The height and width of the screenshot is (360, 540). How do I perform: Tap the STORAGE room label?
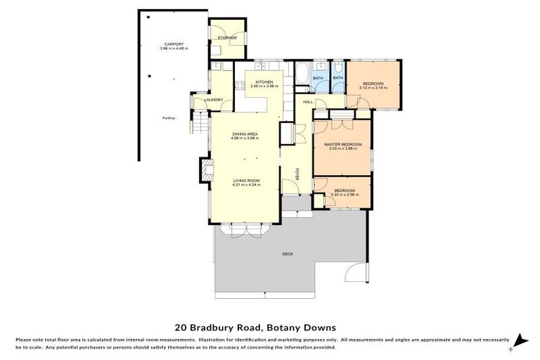point(226,37)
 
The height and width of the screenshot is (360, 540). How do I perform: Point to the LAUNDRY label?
point(213,100)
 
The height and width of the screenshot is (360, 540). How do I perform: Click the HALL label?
point(308,102)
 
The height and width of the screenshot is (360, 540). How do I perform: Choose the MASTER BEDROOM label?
point(342,144)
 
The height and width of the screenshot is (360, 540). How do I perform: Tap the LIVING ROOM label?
point(247,181)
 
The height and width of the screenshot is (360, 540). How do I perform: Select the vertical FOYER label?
point(297,174)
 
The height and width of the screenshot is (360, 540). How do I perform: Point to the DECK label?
point(287,253)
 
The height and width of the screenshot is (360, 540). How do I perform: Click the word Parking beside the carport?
point(168,118)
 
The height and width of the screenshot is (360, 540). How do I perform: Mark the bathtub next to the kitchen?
point(300,74)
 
